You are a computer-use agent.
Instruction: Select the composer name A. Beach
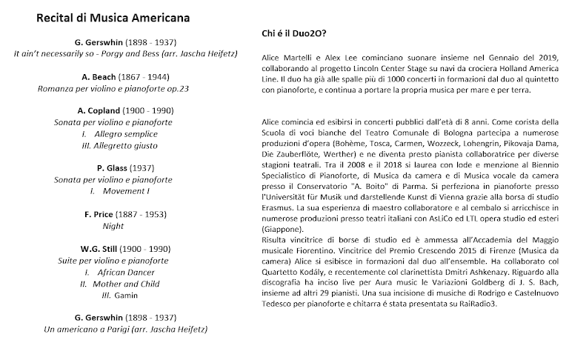(x=98, y=76)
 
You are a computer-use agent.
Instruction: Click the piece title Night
(x=113, y=226)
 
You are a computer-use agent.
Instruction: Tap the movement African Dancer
(x=124, y=272)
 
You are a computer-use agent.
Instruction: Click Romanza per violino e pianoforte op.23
(x=113, y=88)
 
